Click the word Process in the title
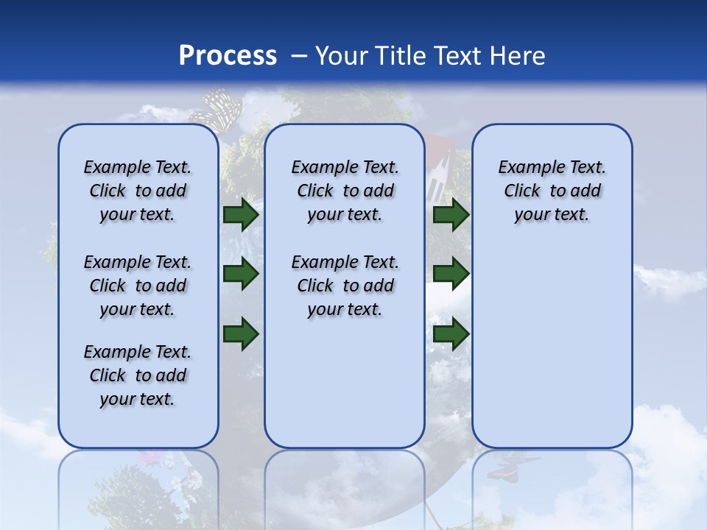[x=228, y=56]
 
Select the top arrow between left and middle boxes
[x=241, y=215]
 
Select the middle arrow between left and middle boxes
[x=241, y=274]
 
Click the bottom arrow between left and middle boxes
[x=241, y=333]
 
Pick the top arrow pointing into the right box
[x=451, y=215]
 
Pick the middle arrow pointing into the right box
[x=451, y=274]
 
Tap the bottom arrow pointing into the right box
[x=451, y=333]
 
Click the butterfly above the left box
[x=217, y=108]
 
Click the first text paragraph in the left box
[x=138, y=191]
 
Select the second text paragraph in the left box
[x=138, y=286]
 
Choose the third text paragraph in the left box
[x=138, y=375]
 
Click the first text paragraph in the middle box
[x=345, y=191]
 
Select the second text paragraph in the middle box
[x=345, y=286]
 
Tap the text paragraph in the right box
[x=552, y=191]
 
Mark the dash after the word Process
[x=299, y=57]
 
